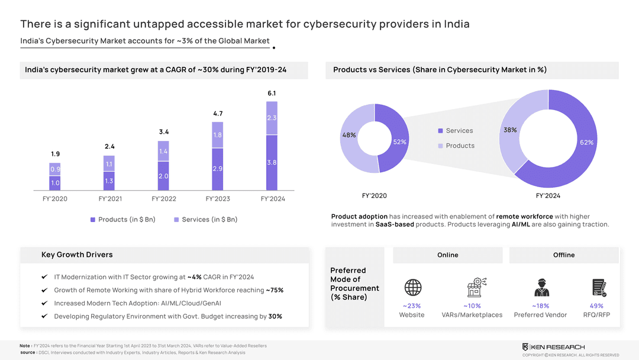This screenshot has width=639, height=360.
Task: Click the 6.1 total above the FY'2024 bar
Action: pos(272,94)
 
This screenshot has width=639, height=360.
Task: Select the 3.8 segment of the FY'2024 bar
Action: pos(272,162)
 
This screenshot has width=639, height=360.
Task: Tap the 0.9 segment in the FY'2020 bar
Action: pos(54,169)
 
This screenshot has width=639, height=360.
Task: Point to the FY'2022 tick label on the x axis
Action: pos(163,199)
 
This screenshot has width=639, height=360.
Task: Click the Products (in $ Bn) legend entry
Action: pos(122,220)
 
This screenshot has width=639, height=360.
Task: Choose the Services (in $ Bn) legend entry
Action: pos(205,220)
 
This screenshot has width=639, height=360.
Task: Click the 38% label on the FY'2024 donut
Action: pos(510,130)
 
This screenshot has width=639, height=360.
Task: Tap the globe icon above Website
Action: pos(413,288)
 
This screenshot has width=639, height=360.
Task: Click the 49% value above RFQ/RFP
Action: pos(596,306)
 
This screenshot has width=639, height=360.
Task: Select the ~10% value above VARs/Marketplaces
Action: pos(472,306)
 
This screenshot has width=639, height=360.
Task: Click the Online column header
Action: pos(447,255)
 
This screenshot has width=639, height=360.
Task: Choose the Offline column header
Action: pos(563,255)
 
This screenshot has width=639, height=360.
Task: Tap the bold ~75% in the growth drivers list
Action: pos(275,291)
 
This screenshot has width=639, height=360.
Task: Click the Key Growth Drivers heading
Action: pos(77,255)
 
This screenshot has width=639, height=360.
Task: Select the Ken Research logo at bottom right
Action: pos(553,346)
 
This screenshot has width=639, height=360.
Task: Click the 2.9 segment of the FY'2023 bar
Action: pos(217,169)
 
